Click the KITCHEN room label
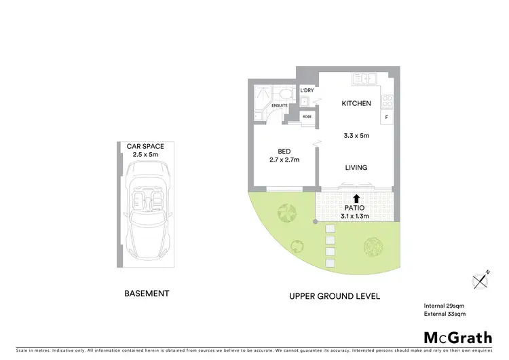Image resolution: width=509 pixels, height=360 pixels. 356,104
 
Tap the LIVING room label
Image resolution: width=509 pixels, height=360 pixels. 356,168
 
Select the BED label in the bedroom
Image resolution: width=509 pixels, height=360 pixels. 284,151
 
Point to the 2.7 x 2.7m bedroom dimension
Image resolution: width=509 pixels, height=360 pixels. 284,160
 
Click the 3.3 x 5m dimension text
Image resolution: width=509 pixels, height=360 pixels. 356,136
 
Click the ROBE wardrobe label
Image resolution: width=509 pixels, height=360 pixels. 307,117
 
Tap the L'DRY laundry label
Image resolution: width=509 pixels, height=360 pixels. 307,90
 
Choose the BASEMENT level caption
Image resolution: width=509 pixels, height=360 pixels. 146,294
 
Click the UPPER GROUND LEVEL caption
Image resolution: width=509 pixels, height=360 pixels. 335,296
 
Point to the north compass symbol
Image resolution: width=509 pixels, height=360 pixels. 480,279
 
